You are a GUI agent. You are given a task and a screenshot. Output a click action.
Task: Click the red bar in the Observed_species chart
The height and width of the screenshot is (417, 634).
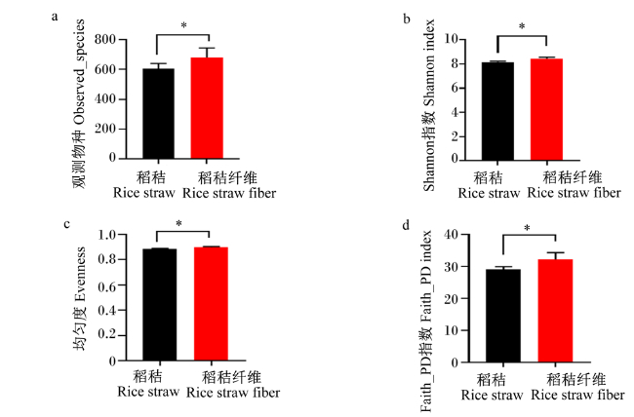pos(207,108)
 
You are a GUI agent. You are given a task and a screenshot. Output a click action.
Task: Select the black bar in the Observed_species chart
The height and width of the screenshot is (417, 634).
pos(158,114)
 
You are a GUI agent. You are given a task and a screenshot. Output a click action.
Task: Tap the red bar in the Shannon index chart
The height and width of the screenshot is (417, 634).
pos(546,109)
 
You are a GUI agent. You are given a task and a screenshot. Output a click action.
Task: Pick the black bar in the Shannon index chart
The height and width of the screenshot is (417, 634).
pos(497,111)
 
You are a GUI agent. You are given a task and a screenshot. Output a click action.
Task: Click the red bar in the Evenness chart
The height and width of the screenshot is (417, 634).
pos(211,304)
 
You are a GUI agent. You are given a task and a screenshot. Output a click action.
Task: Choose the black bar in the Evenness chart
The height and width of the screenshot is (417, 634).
pos(160,305)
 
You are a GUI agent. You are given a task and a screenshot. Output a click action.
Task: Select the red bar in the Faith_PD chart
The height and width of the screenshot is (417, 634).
pos(556,311)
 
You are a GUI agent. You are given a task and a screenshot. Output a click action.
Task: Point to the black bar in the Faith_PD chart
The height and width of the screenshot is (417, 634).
pos(503,316)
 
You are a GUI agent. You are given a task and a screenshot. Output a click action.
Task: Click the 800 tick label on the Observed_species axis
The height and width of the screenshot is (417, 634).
pos(104,39)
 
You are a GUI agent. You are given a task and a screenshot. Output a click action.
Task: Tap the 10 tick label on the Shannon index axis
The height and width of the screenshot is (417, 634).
pos(452,39)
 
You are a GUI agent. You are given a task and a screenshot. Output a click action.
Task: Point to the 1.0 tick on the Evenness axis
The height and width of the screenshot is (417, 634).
pos(106,235)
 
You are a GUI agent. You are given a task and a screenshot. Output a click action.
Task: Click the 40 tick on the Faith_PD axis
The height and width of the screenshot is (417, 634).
pos(451,235)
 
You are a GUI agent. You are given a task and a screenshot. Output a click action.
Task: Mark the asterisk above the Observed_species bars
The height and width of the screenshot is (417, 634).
pos(183,26)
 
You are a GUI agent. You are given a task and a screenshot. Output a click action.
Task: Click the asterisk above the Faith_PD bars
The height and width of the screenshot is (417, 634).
pos(528,229)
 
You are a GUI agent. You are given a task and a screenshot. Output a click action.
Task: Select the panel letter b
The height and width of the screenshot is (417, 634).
pos(407,19)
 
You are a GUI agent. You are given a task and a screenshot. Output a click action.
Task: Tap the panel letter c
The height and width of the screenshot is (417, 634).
pos(66,224)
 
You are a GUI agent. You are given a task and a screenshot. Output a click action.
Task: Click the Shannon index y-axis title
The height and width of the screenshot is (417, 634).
pos(429,105)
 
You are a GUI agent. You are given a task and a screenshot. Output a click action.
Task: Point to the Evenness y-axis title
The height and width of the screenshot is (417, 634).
pos(79,298)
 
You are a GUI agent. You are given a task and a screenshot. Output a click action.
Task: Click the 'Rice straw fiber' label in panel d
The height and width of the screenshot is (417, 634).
pos(577,395)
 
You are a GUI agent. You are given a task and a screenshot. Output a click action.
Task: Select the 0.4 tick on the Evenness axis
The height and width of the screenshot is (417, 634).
pos(106,311)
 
